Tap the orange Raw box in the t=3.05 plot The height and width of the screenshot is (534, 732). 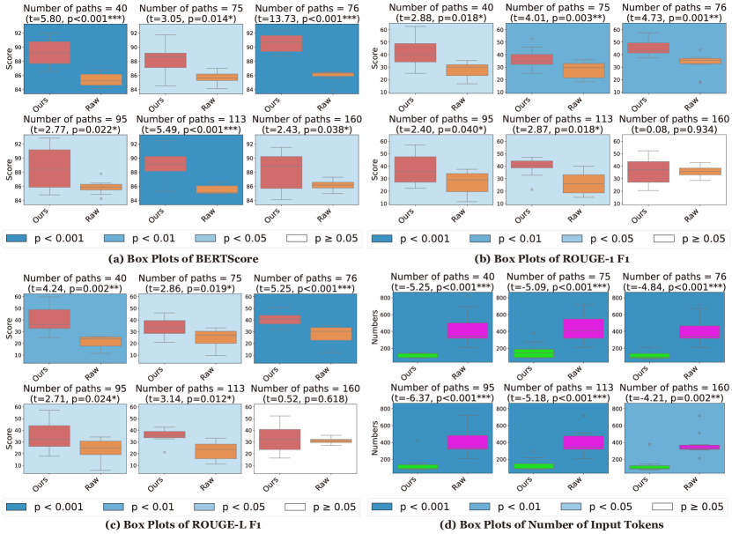(210, 77)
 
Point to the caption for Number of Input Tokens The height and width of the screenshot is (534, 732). (549, 526)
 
